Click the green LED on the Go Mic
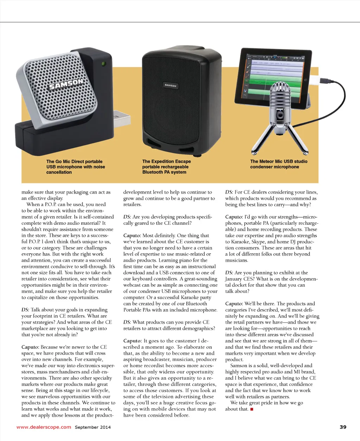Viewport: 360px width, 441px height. [103, 64]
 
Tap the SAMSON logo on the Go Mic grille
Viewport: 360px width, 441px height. [66, 85]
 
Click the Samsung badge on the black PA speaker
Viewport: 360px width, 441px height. [171, 85]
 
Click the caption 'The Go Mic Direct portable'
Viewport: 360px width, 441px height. [74, 161]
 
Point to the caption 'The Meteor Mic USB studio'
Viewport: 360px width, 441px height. [278, 161]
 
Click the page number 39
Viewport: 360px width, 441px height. [343, 427]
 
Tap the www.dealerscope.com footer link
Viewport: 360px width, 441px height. [44, 427]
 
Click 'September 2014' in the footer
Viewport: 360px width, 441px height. [92, 427]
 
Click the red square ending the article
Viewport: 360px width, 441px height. [252, 409]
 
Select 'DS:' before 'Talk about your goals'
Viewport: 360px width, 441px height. [25, 310]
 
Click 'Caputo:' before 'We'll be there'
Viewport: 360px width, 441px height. [234, 303]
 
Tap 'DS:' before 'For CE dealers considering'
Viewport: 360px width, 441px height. [229, 192]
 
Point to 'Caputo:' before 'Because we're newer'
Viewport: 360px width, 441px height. [30, 347]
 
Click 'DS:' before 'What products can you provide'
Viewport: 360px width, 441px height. [127, 322]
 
